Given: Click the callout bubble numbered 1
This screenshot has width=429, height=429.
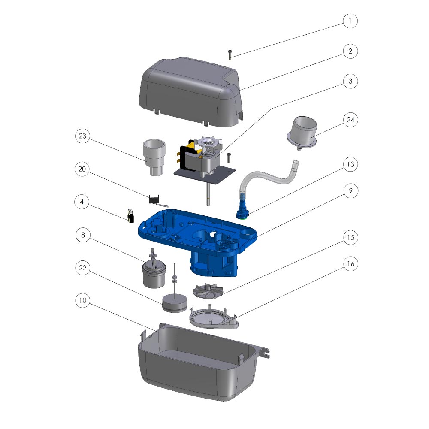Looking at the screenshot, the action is [x=350, y=21].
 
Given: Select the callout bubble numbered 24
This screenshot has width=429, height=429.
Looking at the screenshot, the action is [x=350, y=120].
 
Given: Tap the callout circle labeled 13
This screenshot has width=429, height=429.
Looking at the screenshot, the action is [x=350, y=164].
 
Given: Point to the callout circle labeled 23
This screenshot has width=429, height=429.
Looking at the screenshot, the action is [x=82, y=136].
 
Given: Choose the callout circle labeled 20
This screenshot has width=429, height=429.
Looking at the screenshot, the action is [x=82, y=169].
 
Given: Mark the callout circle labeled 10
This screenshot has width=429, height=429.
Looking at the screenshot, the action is [x=83, y=300].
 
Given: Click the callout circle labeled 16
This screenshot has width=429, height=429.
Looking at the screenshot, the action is [x=351, y=264].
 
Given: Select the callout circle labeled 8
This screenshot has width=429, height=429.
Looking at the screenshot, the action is [x=83, y=235].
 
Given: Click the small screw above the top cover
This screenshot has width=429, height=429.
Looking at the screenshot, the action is [x=230, y=55].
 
